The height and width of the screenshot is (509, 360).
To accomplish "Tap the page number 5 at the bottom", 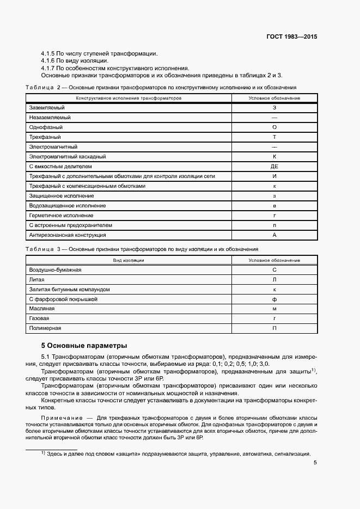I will (x=315, y=463).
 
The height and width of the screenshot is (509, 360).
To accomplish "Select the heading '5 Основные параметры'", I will (x=84, y=345).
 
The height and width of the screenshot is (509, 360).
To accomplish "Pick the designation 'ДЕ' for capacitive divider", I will (x=274, y=167).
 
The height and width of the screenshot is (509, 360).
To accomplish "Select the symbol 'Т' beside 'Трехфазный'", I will (x=274, y=137).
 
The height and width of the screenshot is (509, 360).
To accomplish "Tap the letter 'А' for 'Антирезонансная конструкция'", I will (x=274, y=235).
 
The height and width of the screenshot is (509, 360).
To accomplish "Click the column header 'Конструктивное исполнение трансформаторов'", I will (x=129, y=98).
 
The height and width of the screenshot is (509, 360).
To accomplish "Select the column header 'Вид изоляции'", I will (x=129, y=260).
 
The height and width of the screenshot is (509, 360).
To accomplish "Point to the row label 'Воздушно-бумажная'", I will (x=54, y=270).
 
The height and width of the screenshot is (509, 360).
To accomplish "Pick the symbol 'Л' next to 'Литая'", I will (x=274, y=280).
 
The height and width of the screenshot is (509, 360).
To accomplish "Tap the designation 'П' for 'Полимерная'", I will (x=274, y=328).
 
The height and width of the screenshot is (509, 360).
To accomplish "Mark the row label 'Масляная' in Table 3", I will (x=41, y=309).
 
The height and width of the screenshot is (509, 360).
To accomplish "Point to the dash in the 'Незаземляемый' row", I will (x=274, y=118).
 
